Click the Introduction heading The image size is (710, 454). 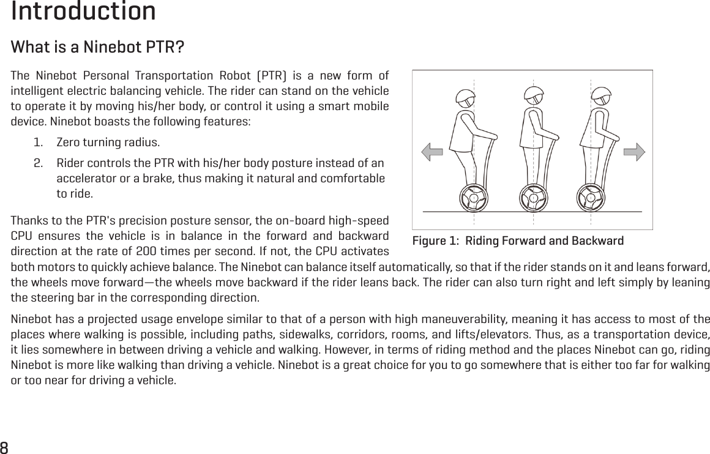(83, 12)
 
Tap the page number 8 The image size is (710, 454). (5, 446)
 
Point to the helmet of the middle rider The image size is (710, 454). (534, 95)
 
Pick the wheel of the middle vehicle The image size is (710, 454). (533, 198)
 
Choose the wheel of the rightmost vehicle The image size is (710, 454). (591, 198)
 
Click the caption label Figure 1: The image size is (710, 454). (436, 240)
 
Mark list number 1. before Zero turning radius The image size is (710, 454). (39, 143)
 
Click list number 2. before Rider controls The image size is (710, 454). (39, 163)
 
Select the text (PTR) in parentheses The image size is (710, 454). (271, 76)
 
